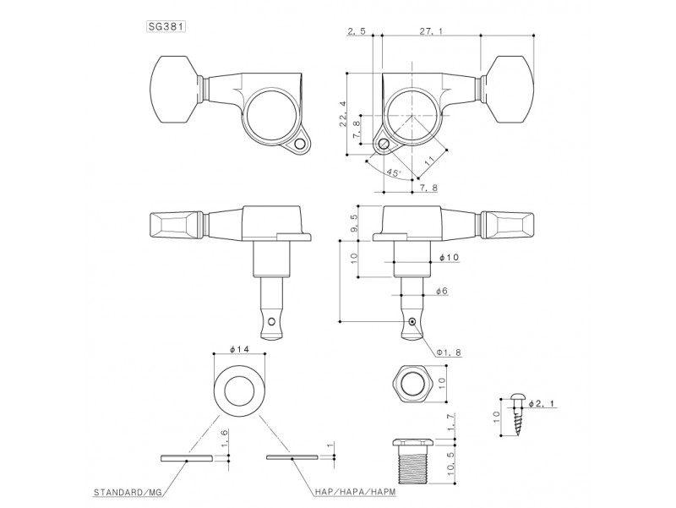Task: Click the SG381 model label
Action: point(166,26)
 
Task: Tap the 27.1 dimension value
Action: point(432,31)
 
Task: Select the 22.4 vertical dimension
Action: point(343,113)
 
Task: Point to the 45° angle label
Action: point(394,172)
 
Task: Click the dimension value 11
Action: point(430,161)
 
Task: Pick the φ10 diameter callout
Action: point(450,258)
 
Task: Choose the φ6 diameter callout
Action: point(442,291)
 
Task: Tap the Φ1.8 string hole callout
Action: point(449,352)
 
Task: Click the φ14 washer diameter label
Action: point(240,349)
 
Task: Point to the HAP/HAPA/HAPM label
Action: point(355,492)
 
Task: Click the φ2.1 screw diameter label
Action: point(542,404)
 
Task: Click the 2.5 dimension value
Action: point(356,31)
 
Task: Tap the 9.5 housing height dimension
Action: point(354,222)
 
